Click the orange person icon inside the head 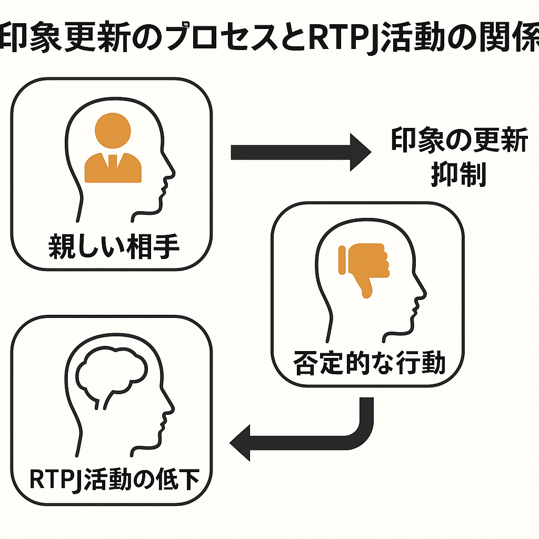[x=113, y=147]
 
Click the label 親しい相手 [x=114, y=246]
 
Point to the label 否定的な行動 [x=369, y=363]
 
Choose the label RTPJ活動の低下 [x=114, y=479]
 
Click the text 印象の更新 [x=459, y=139]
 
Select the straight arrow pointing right [x=301, y=152]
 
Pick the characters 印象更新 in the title [x=64, y=36]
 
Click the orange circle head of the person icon [x=113, y=131]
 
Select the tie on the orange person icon [x=113, y=162]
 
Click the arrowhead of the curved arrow [x=240, y=443]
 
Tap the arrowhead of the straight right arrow [x=361, y=152]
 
